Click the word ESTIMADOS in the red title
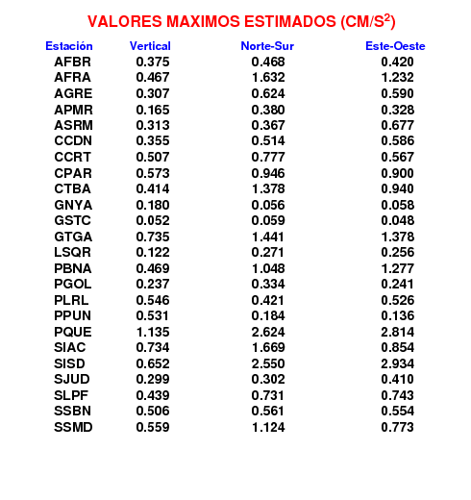click(x=290, y=22)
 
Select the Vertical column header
click(x=150, y=46)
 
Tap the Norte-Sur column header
click(x=267, y=46)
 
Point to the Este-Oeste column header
click(x=395, y=46)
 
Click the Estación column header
click(x=69, y=46)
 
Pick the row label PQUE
click(x=73, y=332)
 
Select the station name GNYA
click(x=73, y=205)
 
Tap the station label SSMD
click(x=73, y=427)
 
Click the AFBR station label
click(x=72, y=62)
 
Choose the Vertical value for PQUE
click(x=153, y=332)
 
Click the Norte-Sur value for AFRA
click(x=268, y=77)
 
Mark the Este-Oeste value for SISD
click(x=397, y=363)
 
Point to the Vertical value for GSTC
click(x=153, y=220)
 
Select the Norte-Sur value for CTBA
click(x=268, y=188)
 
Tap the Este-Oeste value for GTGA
click(x=398, y=237)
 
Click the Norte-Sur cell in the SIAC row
click(x=268, y=347)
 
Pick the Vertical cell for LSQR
click(x=153, y=252)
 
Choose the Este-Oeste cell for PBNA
click(x=398, y=268)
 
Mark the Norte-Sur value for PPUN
click(x=268, y=315)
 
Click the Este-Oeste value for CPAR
click(x=397, y=173)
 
